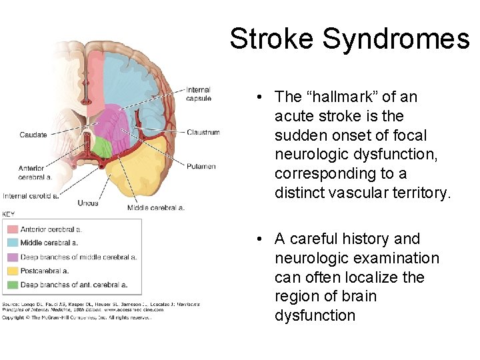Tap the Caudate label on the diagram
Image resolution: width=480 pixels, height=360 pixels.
tap(33, 135)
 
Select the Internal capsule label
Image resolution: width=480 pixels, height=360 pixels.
tap(199, 94)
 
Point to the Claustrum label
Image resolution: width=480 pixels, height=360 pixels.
tap(203, 132)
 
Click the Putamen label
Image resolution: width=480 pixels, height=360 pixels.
tap(201, 166)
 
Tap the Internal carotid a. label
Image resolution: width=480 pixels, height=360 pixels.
tap(31, 196)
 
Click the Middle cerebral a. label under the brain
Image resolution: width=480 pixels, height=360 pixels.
tap(155, 207)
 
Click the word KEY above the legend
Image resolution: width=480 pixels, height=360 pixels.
tap(9, 214)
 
